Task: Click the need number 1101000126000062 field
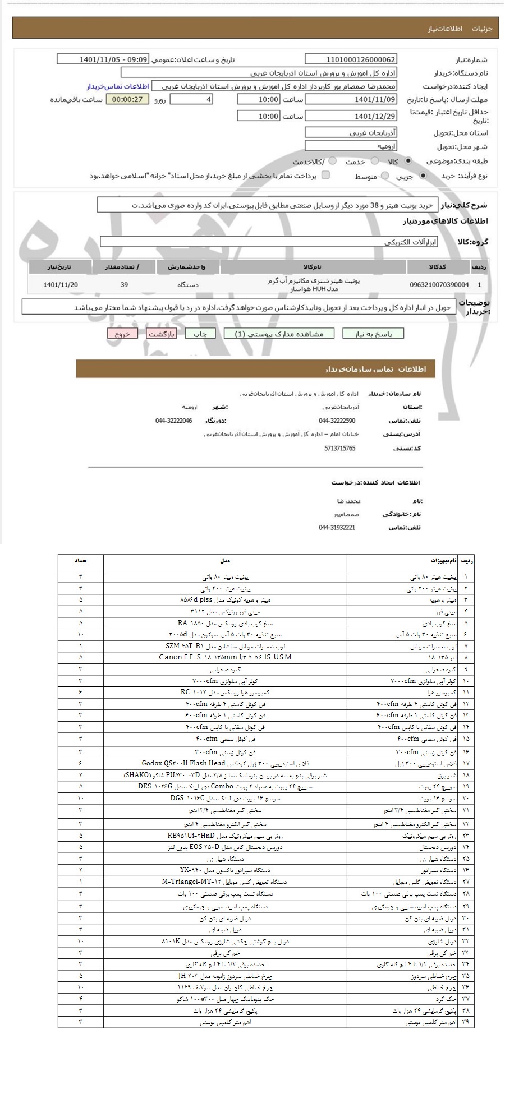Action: click(x=351, y=59)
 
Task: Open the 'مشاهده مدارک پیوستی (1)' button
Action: click(x=278, y=334)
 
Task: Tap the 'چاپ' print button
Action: click(x=200, y=334)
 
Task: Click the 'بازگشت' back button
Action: click(x=162, y=334)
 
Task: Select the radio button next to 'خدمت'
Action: click(x=333, y=161)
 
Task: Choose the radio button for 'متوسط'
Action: click(x=385, y=176)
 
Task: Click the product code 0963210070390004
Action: click(x=440, y=285)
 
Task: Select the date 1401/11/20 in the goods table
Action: click(x=61, y=285)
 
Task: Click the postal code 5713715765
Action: click(x=339, y=449)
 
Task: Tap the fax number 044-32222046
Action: click(x=173, y=421)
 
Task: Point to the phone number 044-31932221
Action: click(x=337, y=528)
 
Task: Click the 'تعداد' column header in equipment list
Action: click(x=80, y=561)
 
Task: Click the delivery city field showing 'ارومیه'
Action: click(x=351, y=146)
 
